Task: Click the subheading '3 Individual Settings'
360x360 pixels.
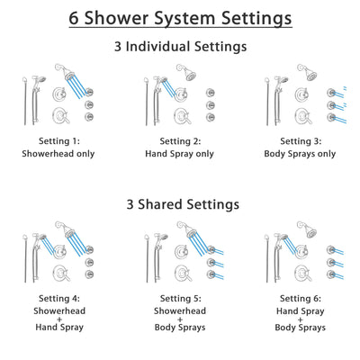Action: pos(180,48)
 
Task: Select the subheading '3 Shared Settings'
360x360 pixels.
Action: pos(180,204)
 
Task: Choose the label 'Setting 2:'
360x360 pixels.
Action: pos(180,141)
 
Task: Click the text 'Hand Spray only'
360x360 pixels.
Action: pos(180,153)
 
